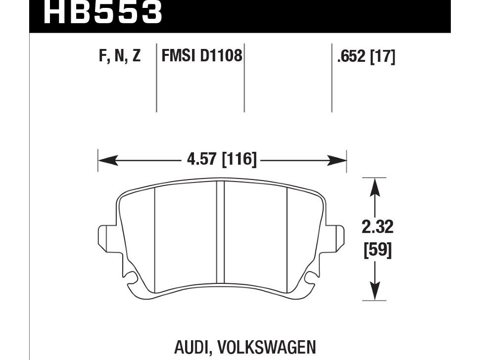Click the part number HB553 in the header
pos(103,12)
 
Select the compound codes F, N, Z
pos(120,56)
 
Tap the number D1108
pos(221,56)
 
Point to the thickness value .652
pos(351,56)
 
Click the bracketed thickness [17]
pos(383,56)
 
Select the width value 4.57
pos(202,159)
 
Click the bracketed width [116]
pos(239,159)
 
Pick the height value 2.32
pos(377,227)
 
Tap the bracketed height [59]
pos(378,250)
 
